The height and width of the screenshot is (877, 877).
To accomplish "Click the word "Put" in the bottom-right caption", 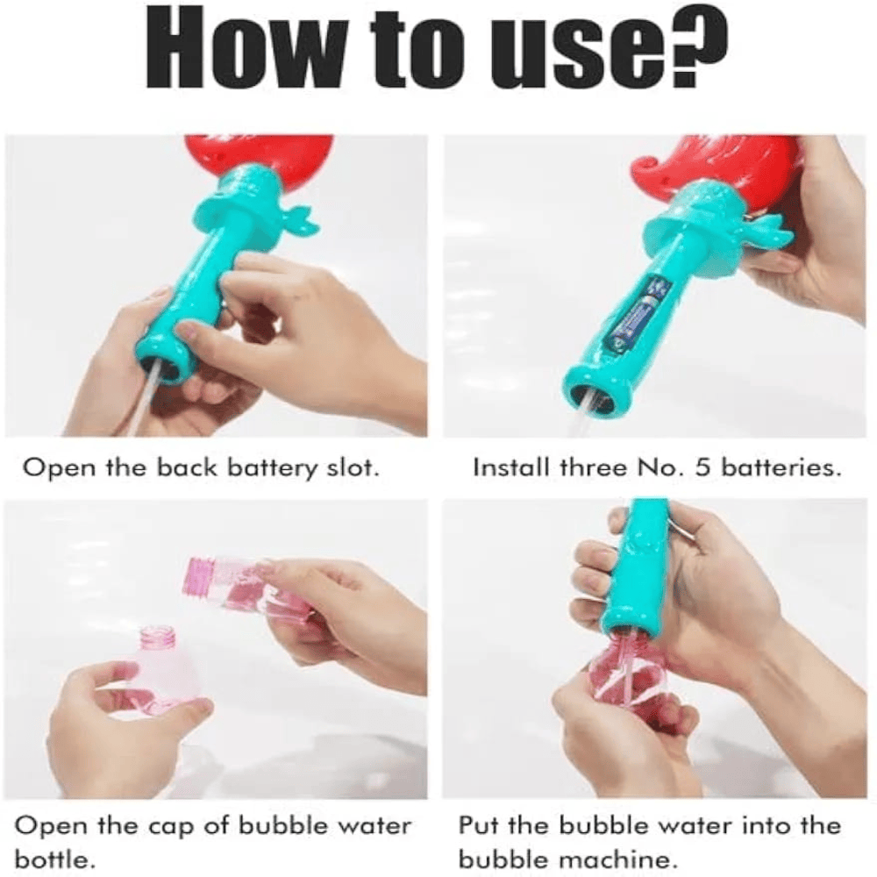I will pyautogui.click(x=481, y=825).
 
